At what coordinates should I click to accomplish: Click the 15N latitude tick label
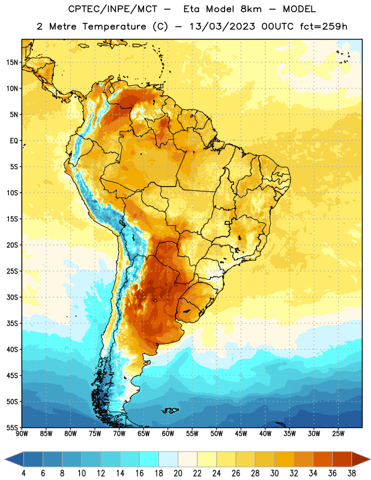click(x=12, y=62)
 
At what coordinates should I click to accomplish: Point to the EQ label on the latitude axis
click(x=13, y=141)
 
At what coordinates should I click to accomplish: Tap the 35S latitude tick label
click(x=12, y=323)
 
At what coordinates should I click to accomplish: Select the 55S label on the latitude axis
click(x=12, y=427)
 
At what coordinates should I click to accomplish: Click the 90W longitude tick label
click(x=22, y=434)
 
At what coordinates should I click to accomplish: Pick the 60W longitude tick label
click(x=168, y=434)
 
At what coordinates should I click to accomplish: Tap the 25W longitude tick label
click(x=338, y=434)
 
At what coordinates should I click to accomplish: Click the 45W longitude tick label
click(x=241, y=434)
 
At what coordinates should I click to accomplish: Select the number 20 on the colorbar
click(x=178, y=473)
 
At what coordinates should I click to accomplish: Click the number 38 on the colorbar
click(x=352, y=473)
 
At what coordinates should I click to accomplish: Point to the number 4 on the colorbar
click(x=23, y=473)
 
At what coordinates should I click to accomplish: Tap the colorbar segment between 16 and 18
click(x=149, y=459)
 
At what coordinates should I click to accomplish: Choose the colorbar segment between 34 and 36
click(x=322, y=459)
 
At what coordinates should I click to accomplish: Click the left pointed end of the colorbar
click(x=5, y=459)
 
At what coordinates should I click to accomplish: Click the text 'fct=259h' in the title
click(x=324, y=26)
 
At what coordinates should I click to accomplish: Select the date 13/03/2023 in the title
click(x=222, y=26)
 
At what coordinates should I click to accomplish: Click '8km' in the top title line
click(x=251, y=9)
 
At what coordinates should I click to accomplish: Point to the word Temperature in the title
click(x=114, y=26)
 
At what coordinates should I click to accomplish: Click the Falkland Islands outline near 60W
click(x=170, y=410)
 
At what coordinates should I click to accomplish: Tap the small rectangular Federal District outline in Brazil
click(x=228, y=223)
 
